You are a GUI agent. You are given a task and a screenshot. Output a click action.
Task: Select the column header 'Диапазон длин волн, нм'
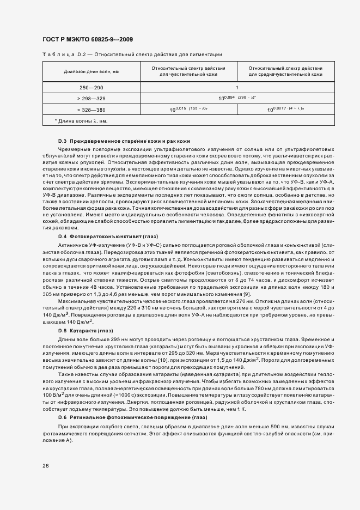click(91, 72)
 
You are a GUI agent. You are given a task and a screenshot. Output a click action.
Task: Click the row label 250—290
click(91, 87)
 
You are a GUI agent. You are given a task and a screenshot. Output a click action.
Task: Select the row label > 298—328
click(91, 98)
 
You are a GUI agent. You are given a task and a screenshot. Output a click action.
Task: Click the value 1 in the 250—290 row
click(237, 87)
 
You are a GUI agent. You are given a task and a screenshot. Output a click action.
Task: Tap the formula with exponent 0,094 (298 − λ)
click(237, 98)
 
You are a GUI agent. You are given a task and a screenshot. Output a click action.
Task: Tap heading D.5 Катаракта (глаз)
click(85, 330)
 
